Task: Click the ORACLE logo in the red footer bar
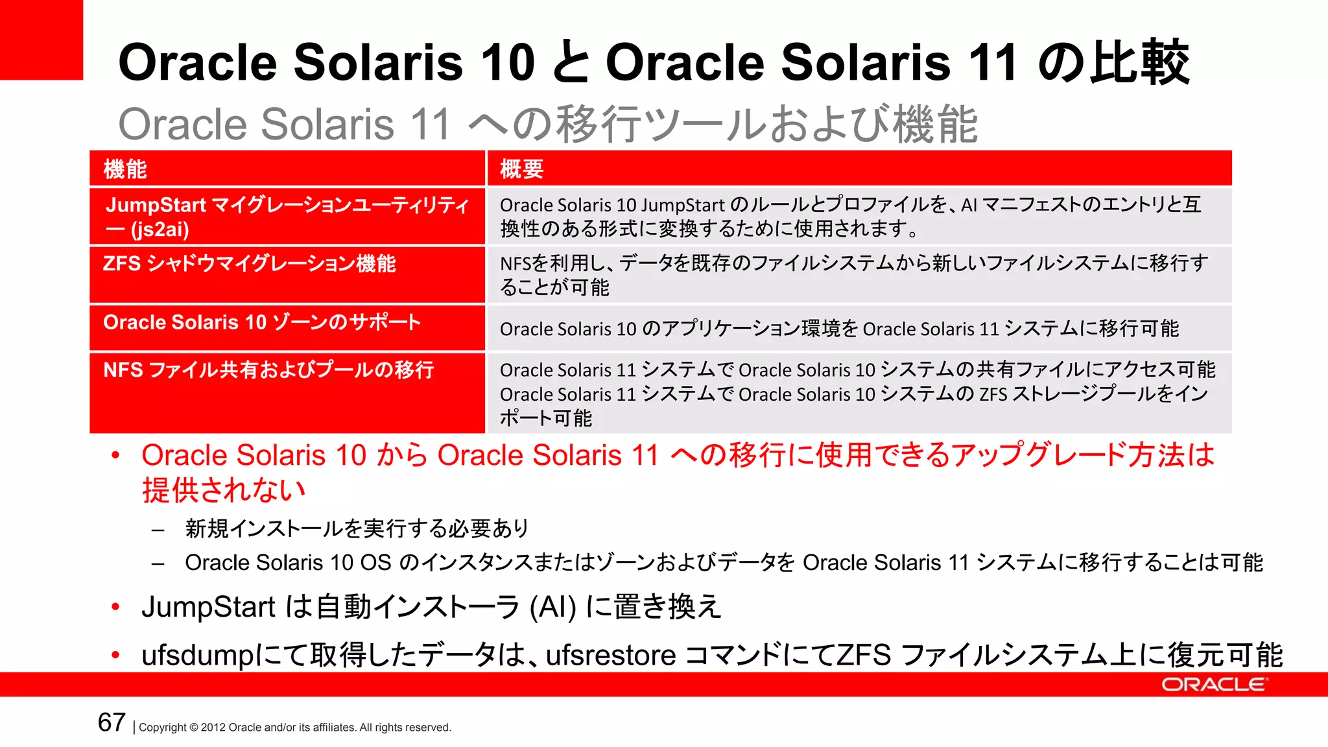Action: pos(1213,685)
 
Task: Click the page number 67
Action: pos(112,722)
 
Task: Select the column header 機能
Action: pos(125,169)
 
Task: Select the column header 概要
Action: pos(521,169)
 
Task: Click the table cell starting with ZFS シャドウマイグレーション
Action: pos(249,265)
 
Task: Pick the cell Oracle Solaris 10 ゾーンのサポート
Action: pos(262,322)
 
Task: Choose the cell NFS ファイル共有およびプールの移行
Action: pos(268,370)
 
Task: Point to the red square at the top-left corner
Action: pos(41,40)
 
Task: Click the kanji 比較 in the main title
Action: pos(1139,62)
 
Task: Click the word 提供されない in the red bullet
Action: pos(223,490)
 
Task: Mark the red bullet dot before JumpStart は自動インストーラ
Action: pos(115,608)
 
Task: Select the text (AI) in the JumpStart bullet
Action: pos(552,608)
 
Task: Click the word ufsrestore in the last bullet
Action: pos(611,656)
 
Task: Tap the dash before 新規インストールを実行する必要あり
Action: pos(158,530)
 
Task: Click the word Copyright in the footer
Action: pos(162,728)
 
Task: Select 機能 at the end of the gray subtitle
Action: pos(935,124)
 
